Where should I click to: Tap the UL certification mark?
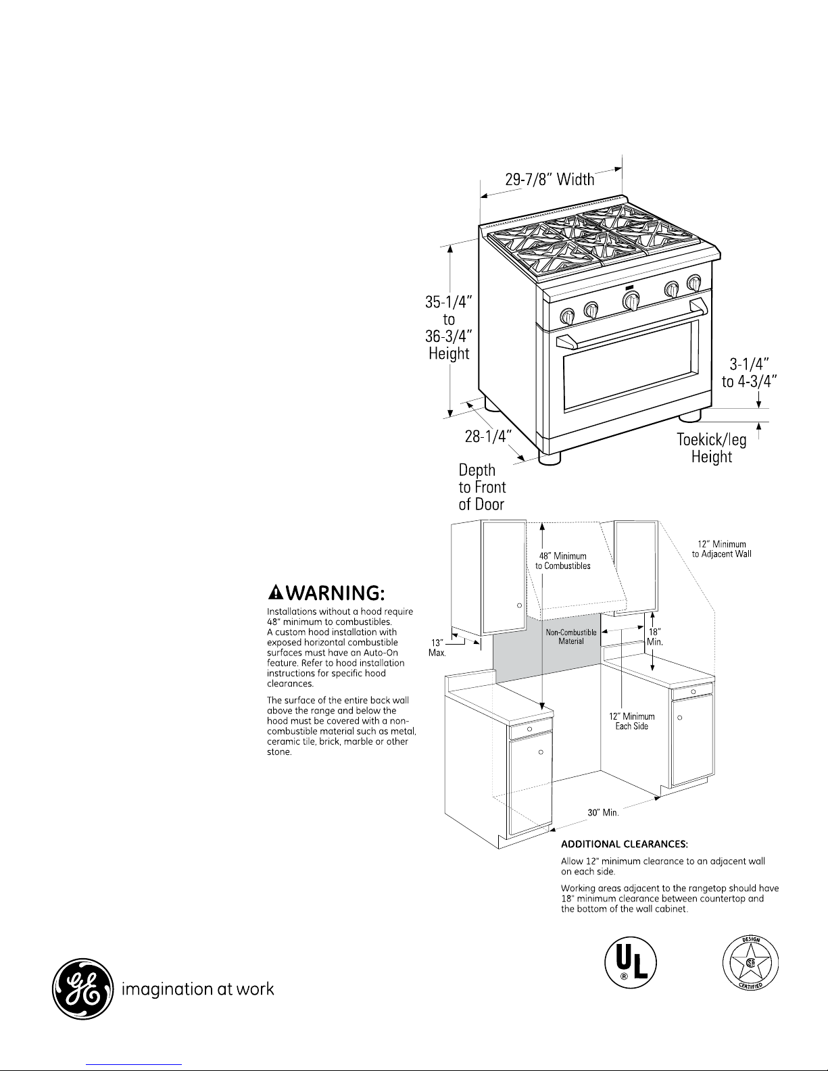(631, 963)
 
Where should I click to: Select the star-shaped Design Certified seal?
(750, 963)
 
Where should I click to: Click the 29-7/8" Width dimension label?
(550, 179)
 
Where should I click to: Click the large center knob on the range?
(631, 301)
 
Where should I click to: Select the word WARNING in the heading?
(335, 593)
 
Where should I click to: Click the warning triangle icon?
(276, 592)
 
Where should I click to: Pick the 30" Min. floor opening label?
(603, 812)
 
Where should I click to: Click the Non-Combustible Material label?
(570, 637)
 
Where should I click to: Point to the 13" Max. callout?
(437, 647)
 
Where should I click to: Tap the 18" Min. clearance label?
(654, 637)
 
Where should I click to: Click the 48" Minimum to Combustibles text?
(563, 561)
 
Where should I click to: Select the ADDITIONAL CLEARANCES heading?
(625, 844)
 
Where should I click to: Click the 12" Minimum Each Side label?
(632, 721)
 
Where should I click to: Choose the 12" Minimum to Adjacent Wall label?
(722, 549)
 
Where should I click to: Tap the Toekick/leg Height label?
(711, 447)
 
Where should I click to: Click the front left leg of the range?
(550, 458)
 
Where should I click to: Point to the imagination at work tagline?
(197, 989)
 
